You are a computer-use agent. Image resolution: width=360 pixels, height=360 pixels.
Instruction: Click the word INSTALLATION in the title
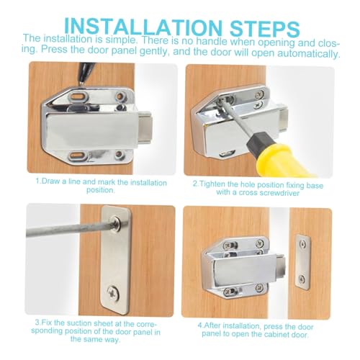point(143,27)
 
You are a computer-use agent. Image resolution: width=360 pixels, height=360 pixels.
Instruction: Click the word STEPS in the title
point(265,28)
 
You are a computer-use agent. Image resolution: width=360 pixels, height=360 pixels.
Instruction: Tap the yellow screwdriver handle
point(283,160)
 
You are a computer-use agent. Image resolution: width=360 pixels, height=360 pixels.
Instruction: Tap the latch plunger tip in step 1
point(145,127)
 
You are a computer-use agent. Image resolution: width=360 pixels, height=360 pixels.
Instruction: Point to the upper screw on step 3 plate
point(116,223)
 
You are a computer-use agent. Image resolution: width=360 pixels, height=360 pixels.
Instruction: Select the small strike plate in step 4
point(302,262)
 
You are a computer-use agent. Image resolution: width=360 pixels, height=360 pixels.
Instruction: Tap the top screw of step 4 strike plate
point(303,245)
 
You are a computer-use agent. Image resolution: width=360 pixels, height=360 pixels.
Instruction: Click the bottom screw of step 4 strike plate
point(302,279)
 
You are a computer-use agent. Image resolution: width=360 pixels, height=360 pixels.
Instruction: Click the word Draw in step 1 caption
point(51,181)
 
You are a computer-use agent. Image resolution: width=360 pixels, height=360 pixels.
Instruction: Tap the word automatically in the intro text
point(309,53)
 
